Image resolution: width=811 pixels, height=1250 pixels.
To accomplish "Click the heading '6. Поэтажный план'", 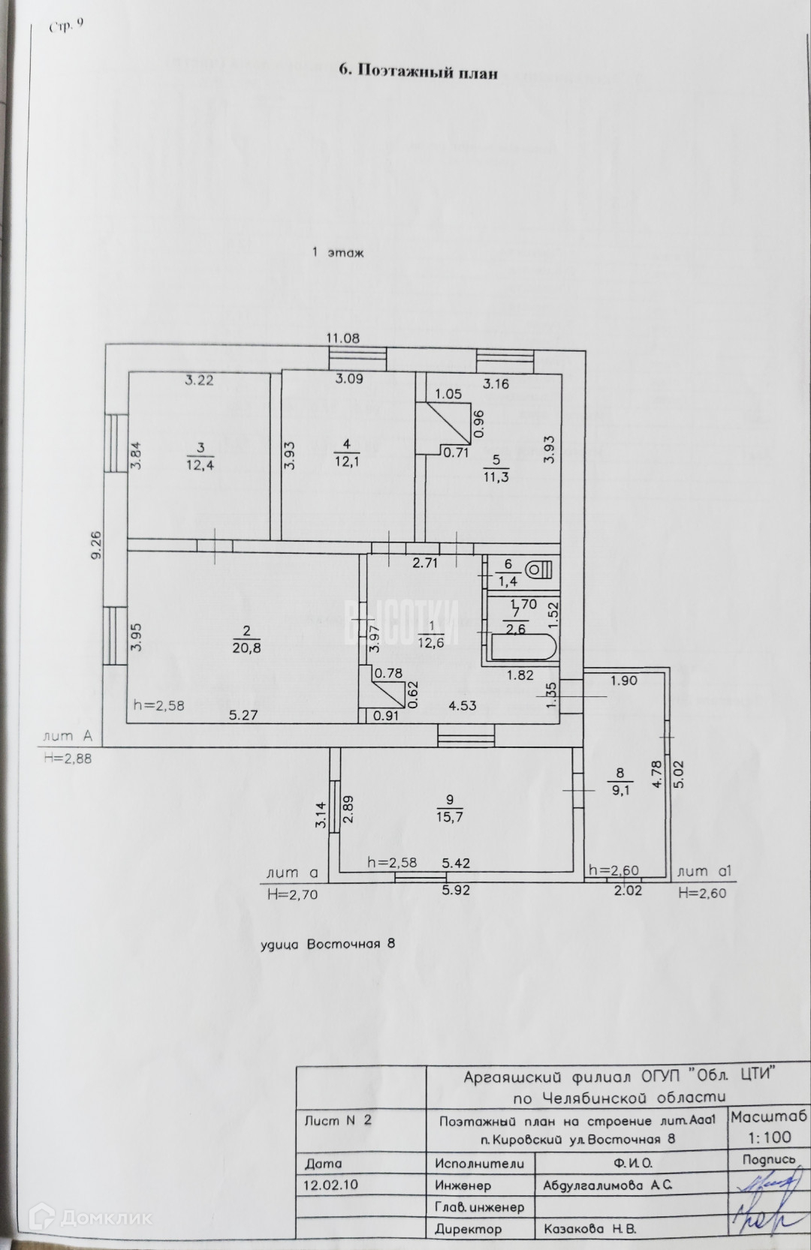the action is (418, 72).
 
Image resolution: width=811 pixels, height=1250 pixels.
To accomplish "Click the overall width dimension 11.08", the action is (342, 338).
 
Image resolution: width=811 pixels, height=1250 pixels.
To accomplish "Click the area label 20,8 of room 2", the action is (246, 648).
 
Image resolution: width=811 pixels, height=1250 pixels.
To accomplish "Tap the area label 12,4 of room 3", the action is (200, 465).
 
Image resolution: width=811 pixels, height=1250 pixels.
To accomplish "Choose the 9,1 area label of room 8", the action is (620, 790).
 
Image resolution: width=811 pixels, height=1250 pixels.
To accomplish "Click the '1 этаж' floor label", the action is (338, 254).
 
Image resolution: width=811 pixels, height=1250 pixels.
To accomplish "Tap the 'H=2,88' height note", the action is (68, 759).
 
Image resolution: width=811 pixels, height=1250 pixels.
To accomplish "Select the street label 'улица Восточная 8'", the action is (327, 944).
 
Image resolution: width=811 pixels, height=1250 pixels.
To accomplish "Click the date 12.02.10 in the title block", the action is (330, 1185).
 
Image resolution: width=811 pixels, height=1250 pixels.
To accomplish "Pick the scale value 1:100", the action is (769, 1137).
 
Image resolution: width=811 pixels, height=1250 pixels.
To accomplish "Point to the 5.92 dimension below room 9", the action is (455, 891).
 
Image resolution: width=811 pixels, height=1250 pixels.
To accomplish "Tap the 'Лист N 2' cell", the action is (338, 1121).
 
